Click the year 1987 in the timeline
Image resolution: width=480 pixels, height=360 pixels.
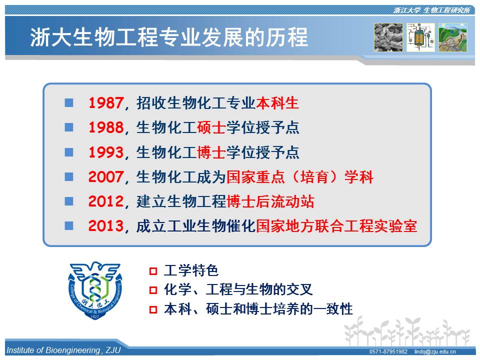tap(106, 103)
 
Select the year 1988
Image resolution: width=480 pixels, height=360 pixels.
tap(106, 127)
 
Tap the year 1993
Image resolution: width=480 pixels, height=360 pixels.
tap(106, 152)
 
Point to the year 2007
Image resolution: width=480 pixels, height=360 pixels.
tap(106, 177)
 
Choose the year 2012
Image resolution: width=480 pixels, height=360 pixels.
tap(106, 201)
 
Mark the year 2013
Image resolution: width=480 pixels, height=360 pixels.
tap(106, 226)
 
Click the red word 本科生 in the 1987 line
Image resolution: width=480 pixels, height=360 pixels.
tap(277, 103)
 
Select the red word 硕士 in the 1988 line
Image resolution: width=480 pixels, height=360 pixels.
tap(211, 127)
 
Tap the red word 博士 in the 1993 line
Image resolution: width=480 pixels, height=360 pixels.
tap(211, 152)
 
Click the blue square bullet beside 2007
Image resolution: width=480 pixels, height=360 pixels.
tap(69, 176)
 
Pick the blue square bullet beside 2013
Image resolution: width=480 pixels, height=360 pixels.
tap(69, 226)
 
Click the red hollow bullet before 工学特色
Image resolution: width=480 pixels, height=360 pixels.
tap(153, 271)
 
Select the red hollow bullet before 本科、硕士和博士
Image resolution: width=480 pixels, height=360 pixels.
tap(153, 309)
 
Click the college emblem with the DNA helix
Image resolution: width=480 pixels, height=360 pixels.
tap(95, 290)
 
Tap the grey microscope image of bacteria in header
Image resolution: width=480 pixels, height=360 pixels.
tap(388, 37)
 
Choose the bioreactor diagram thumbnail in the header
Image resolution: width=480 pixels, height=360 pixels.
tap(420, 37)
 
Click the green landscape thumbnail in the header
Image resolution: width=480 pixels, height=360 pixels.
tap(453, 37)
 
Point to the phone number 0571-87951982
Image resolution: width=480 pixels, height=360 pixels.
tap(388, 351)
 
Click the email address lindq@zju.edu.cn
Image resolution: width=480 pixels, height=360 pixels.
tap(435, 351)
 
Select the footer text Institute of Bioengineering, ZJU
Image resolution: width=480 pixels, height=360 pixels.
tap(63, 350)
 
